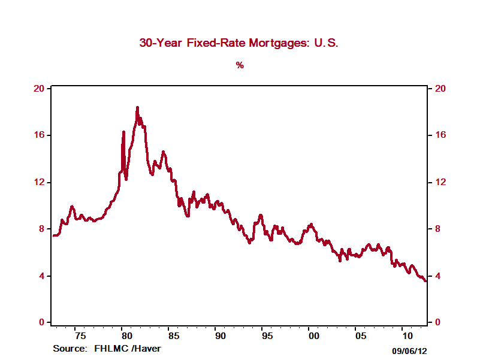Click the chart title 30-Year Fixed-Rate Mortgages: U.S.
(x=239, y=43)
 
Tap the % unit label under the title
(x=240, y=65)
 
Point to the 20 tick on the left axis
(x=40, y=89)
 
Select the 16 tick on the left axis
(x=40, y=135)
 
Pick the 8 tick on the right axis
(x=437, y=229)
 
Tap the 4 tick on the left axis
(x=42, y=276)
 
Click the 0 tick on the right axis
(x=437, y=323)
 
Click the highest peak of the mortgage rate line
(x=137, y=108)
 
